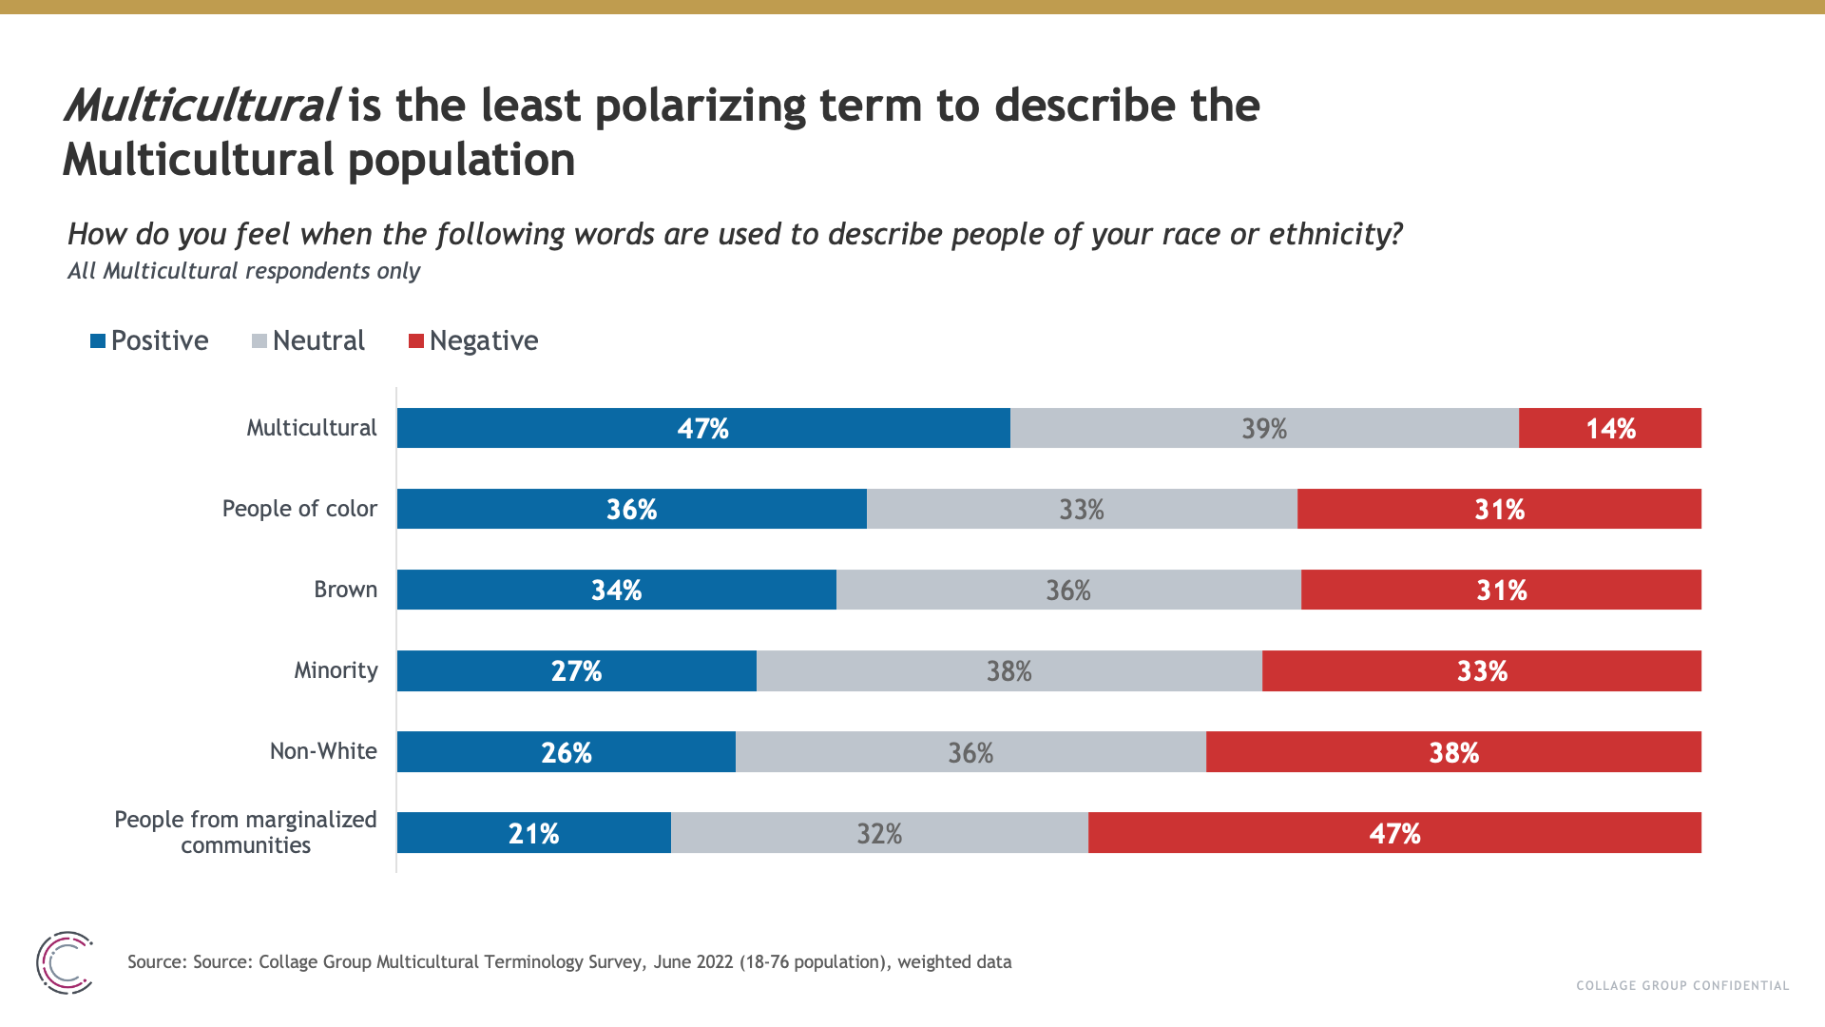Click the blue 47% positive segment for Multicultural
(x=703, y=428)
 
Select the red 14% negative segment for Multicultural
(x=1610, y=428)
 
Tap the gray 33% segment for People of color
(x=1082, y=509)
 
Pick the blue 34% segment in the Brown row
(x=616, y=590)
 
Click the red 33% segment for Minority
(x=1481, y=671)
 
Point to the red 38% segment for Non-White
(x=1453, y=752)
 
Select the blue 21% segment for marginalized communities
(x=533, y=833)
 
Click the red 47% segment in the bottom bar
(x=1394, y=833)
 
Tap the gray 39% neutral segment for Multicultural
(x=1264, y=428)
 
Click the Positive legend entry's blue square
(x=98, y=340)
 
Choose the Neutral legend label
(x=318, y=340)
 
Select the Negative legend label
(x=483, y=340)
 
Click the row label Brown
(x=345, y=590)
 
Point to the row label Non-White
(x=323, y=751)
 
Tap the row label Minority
(x=336, y=670)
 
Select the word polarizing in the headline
(x=700, y=107)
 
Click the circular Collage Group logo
(x=65, y=962)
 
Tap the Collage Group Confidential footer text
(x=1682, y=985)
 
